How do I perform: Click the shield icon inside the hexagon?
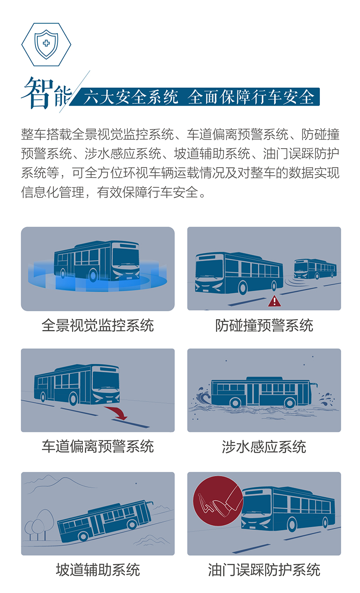[46, 44]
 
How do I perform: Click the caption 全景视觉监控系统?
[98, 325]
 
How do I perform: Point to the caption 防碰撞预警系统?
[264, 325]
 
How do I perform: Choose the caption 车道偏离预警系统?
[98, 446]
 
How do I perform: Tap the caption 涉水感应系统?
[264, 446]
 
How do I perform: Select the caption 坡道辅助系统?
[98, 569]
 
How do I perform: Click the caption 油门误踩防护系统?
[264, 569]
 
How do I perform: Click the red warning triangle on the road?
[274, 300]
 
